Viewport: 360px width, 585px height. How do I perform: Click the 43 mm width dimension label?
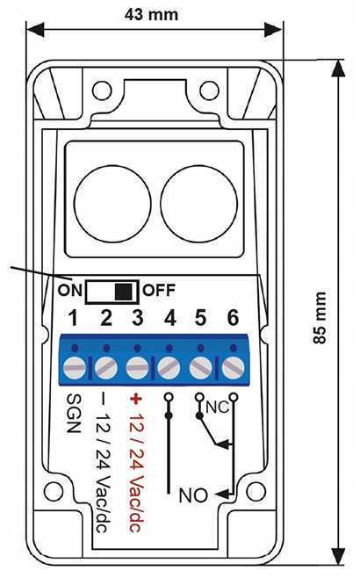pyautogui.click(x=151, y=14)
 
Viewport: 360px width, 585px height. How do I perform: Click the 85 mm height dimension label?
pyautogui.click(x=320, y=317)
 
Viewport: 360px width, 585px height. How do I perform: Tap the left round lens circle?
pyautogui.click(x=112, y=204)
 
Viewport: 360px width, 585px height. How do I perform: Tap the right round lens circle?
pyautogui.click(x=198, y=204)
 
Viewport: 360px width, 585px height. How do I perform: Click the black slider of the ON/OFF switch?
pyautogui.click(x=124, y=292)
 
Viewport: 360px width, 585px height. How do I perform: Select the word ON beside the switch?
pyautogui.click(x=69, y=290)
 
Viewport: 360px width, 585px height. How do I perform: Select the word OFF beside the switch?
pyautogui.click(x=159, y=290)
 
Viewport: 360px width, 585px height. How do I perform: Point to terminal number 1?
pyautogui.click(x=74, y=318)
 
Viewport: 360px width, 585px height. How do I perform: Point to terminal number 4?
pyautogui.click(x=170, y=318)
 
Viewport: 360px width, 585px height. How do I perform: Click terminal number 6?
pyautogui.click(x=234, y=318)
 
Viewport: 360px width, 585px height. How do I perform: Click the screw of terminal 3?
pyautogui.click(x=137, y=368)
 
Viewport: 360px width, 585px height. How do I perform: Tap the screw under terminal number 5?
pyautogui.click(x=201, y=368)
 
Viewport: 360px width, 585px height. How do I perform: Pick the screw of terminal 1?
pyautogui.click(x=75, y=368)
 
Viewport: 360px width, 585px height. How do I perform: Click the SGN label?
pyautogui.click(x=74, y=413)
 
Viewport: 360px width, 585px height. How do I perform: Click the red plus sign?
pyautogui.click(x=136, y=399)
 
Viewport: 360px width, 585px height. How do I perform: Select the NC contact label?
pyautogui.click(x=217, y=407)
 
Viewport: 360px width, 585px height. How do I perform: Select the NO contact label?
pyautogui.click(x=193, y=495)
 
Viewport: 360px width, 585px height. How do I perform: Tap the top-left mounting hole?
pyautogui.click(x=102, y=90)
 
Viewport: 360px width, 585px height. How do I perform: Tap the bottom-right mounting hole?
pyautogui.click(x=256, y=491)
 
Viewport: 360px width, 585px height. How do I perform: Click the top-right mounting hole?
pyautogui.click(x=209, y=90)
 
